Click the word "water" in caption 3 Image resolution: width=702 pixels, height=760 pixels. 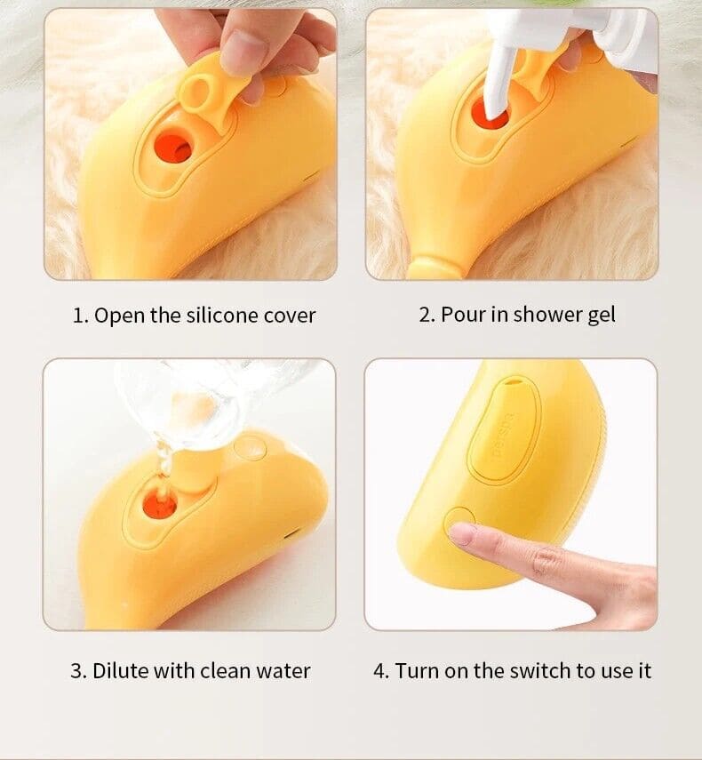tap(282, 670)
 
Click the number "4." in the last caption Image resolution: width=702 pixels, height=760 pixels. tap(381, 670)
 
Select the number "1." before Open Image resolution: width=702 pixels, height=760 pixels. tap(80, 315)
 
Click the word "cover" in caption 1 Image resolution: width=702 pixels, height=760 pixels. tap(290, 315)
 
